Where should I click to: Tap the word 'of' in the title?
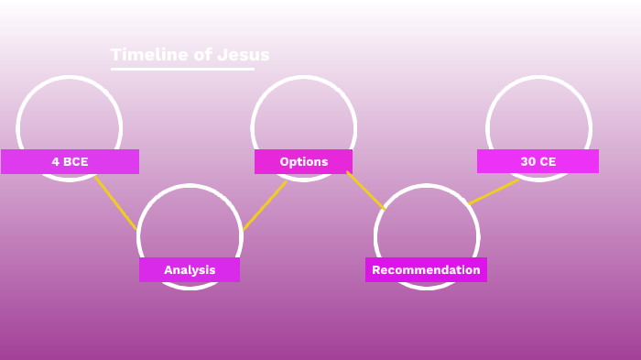(x=201, y=55)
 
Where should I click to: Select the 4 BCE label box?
(x=70, y=162)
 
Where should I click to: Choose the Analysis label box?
(x=190, y=270)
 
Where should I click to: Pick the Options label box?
(x=303, y=162)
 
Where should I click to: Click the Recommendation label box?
(x=426, y=270)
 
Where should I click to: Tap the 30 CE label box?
(x=538, y=162)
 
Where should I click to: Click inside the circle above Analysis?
(x=190, y=224)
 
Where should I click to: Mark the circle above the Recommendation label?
(x=426, y=224)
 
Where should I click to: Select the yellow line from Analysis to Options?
(x=265, y=205)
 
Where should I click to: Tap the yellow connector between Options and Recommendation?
(x=365, y=191)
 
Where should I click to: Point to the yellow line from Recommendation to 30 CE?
(x=494, y=191)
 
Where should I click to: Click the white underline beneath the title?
(x=182, y=69)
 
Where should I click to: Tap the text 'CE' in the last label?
(x=547, y=162)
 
